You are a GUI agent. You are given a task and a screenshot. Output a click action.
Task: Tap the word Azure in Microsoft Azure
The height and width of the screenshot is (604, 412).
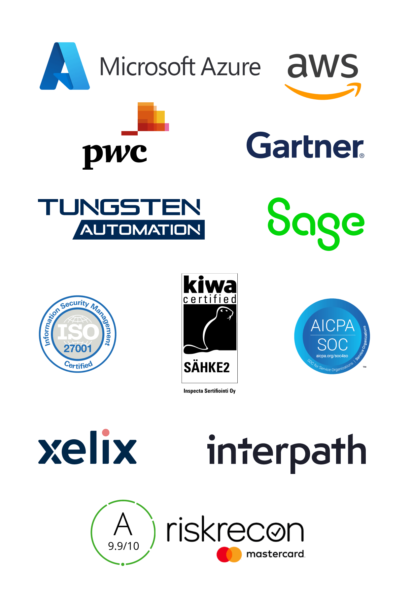click(x=231, y=67)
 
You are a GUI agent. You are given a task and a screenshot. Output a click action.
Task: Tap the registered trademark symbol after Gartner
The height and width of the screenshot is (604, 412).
click(x=362, y=156)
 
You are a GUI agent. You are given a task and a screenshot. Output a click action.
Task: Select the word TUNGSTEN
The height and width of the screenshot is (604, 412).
click(x=119, y=207)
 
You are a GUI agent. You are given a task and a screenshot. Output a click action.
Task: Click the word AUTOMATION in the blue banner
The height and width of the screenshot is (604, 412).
click(x=140, y=230)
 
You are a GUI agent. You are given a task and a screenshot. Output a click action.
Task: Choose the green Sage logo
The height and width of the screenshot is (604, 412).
click(x=316, y=224)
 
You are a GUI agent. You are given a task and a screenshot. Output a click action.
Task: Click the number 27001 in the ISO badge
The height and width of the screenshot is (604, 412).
click(x=78, y=348)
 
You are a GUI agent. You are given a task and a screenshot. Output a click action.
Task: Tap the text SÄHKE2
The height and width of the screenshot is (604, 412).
click(x=207, y=367)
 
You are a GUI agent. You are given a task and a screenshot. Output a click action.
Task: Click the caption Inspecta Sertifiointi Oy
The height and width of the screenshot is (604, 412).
click(x=210, y=391)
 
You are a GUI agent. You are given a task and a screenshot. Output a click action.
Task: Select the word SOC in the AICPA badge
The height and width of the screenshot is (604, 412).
click(x=332, y=345)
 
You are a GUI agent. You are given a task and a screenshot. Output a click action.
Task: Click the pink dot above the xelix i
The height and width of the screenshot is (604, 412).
click(x=106, y=432)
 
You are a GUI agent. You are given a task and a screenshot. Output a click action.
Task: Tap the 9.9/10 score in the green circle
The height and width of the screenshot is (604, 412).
click(x=123, y=546)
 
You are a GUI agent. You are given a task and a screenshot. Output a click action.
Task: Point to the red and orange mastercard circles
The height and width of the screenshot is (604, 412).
click(x=229, y=554)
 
